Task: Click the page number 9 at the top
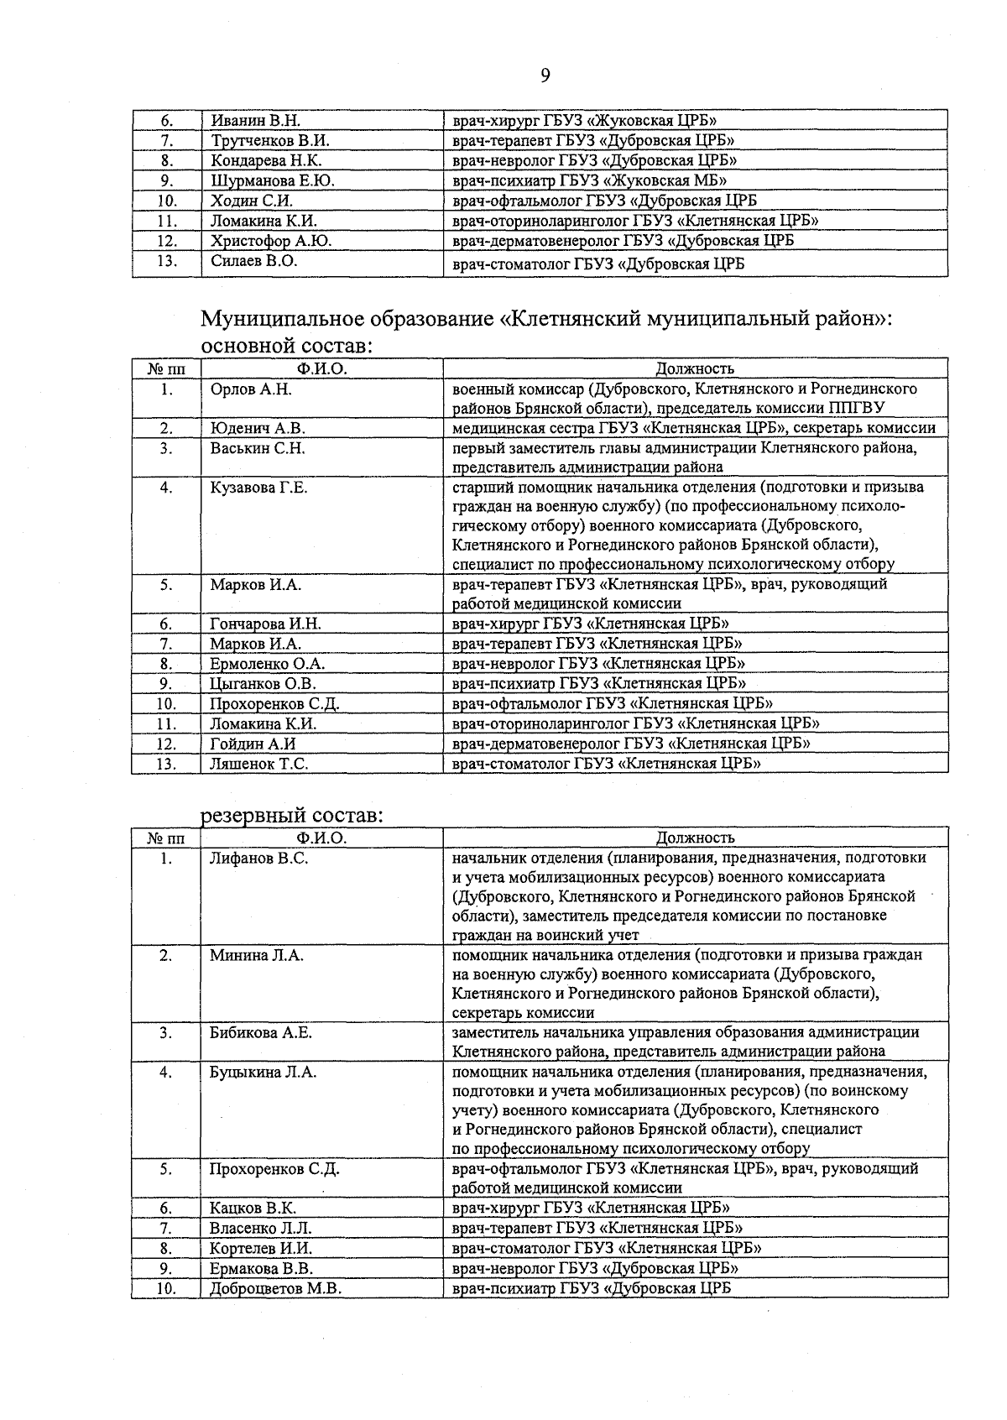[x=545, y=76]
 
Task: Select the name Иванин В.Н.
[x=255, y=120]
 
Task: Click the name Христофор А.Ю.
[x=270, y=241]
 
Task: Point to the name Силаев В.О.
[x=253, y=261]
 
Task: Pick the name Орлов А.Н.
[x=251, y=389]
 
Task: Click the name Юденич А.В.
[x=257, y=428]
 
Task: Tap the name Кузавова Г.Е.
[x=258, y=488]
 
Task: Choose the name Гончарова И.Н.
[x=265, y=624]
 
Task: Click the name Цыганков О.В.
[x=263, y=683]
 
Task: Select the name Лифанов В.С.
[x=258, y=859]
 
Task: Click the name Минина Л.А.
[x=256, y=955]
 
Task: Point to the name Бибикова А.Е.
[x=260, y=1033]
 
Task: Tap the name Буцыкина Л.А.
[x=262, y=1072]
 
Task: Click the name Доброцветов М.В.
[x=275, y=1289]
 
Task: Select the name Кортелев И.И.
[x=261, y=1249]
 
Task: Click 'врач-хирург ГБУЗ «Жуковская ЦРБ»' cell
[x=584, y=120]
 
